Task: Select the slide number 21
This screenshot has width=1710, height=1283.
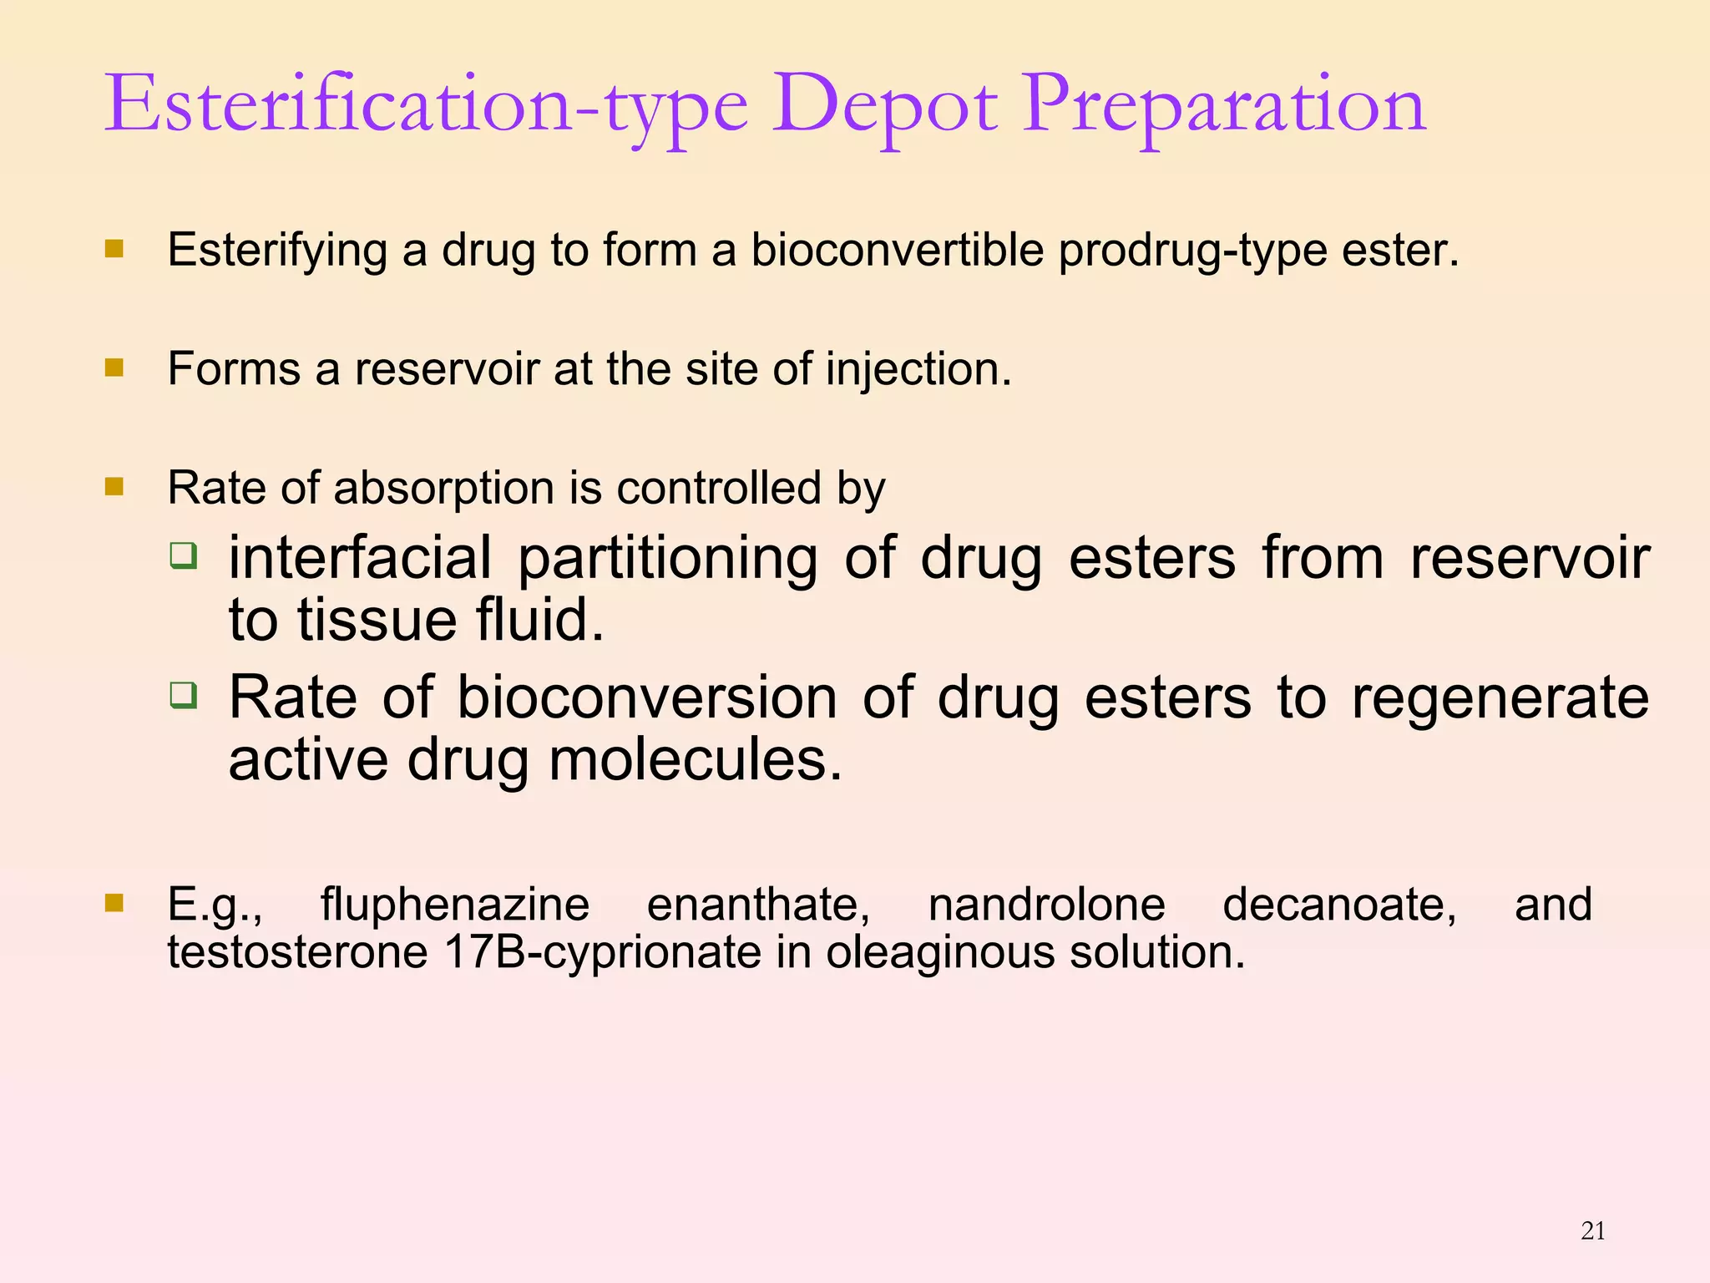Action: (1593, 1230)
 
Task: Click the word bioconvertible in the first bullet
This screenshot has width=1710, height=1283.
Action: (898, 249)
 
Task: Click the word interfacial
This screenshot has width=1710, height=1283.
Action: (361, 558)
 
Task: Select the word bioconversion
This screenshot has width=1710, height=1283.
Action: (647, 697)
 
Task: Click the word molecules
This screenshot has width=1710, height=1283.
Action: (696, 760)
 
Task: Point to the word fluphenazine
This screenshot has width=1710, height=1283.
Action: (455, 905)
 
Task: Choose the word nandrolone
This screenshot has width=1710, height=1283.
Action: (1047, 904)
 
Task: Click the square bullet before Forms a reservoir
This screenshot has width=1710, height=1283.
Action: (114, 368)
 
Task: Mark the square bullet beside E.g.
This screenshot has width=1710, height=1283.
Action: (114, 903)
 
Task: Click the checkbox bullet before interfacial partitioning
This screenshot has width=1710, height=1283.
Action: (183, 555)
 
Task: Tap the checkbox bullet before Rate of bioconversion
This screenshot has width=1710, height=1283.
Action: (183, 695)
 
